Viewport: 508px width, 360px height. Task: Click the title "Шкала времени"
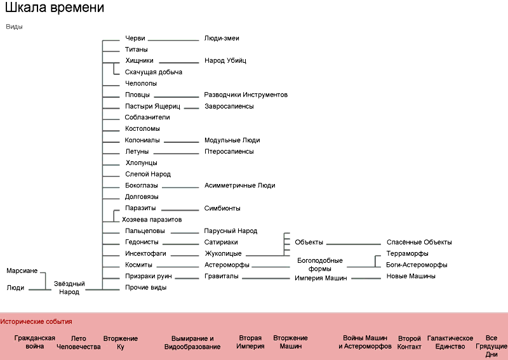pyautogui.click(x=54, y=9)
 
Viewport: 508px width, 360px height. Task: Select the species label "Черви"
pyautogui.click(x=135, y=38)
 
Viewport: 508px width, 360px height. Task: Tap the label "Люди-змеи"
pyautogui.click(x=222, y=38)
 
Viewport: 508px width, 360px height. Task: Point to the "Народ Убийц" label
pyautogui.click(x=225, y=61)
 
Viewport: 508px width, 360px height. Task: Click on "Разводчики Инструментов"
pyautogui.click(x=246, y=95)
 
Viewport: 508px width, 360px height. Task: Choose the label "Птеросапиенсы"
pyautogui.click(x=229, y=152)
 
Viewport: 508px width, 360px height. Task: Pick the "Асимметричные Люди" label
pyautogui.click(x=239, y=185)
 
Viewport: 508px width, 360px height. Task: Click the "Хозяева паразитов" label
pyautogui.click(x=152, y=220)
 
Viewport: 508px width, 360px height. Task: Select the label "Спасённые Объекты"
pyautogui.click(x=419, y=243)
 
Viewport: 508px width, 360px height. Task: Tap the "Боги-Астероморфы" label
pyautogui.click(x=417, y=265)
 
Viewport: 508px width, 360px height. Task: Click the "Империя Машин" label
pyautogui.click(x=321, y=278)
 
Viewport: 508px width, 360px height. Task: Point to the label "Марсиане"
pyautogui.click(x=22, y=271)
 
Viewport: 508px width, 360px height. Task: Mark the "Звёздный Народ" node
pyautogui.click(x=69, y=288)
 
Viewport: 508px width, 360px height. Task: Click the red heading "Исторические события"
pyautogui.click(x=37, y=322)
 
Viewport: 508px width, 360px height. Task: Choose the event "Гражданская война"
pyautogui.click(x=35, y=342)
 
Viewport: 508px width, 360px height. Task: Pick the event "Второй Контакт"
pyautogui.click(x=410, y=342)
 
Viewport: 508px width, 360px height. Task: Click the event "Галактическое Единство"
pyautogui.click(x=450, y=342)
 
